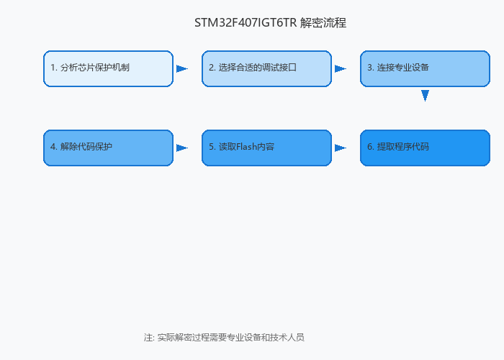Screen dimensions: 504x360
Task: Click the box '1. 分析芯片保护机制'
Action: tap(108, 68)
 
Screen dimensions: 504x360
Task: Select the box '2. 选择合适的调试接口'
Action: tap(266, 68)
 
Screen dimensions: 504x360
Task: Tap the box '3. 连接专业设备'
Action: tap(425, 68)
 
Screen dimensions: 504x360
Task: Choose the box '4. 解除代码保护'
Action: tap(108, 148)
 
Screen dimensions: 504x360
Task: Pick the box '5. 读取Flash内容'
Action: tap(266, 148)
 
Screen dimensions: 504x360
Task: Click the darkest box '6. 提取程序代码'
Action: tap(425, 148)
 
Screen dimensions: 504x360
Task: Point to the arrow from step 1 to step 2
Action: tap(182, 69)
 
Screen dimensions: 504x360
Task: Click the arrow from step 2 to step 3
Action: tap(341, 69)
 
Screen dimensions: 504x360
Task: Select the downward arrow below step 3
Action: tap(425, 96)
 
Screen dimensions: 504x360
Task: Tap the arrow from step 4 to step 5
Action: tap(182, 148)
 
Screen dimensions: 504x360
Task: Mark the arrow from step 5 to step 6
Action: tap(341, 148)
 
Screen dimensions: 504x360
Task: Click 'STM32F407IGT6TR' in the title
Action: tap(246, 23)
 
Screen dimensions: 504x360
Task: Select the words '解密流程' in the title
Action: tap(323, 23)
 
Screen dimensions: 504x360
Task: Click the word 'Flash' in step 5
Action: tap(247, 147)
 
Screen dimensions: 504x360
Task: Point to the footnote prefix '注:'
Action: tap(150, 338)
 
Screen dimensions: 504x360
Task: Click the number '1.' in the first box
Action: tap(54, 68)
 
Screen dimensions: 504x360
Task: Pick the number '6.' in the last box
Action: tap(371, 147)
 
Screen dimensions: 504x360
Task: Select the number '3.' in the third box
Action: tap(371, 68)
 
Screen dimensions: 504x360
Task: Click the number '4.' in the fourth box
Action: tap(54, 147)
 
